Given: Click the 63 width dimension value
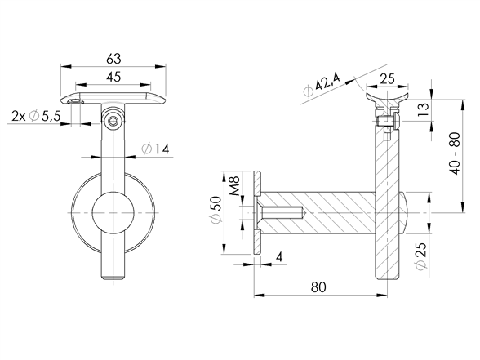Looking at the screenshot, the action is tap(113, 59).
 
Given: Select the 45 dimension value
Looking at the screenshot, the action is tap(113, 77).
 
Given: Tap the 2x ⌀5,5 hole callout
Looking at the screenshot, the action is tap(36, 116).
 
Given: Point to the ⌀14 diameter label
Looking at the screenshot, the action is tap(155, 149).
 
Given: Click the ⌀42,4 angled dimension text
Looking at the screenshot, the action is tap(321, 85).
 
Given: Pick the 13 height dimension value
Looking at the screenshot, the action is tap(424, 109).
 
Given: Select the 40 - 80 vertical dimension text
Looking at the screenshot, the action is tap(456, 153).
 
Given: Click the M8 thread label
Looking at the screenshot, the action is tap(234, 186).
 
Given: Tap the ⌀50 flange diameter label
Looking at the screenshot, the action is tap(216, 211).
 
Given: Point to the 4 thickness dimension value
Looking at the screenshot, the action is tap(279, 257).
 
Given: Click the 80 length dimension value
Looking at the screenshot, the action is tap(318, 287).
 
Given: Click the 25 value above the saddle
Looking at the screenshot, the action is tap(387, 79).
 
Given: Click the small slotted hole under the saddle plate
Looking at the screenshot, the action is tap(76, 101).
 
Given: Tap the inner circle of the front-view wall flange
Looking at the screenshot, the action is tap(113, 213).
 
